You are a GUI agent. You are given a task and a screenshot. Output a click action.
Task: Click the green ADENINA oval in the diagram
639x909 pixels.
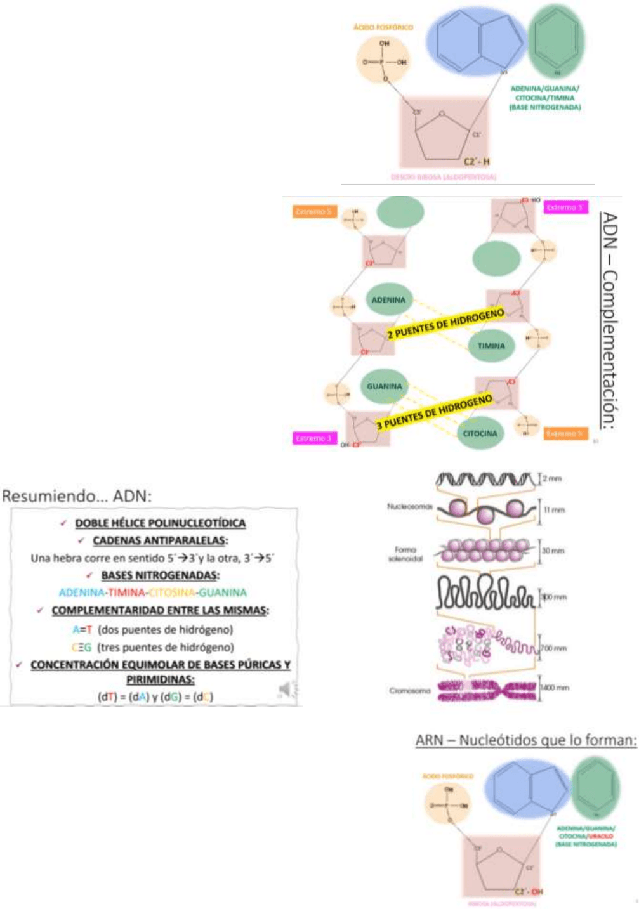(388, 300)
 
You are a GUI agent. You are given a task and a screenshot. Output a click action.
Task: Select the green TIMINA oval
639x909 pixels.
(491, 346)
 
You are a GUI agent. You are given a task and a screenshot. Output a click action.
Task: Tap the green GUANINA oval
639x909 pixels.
(384, 386)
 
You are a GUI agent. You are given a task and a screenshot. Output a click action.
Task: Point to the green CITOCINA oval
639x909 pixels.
(480, 433)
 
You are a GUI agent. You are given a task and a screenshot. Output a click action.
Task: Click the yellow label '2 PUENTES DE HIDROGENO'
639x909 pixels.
(445, 324)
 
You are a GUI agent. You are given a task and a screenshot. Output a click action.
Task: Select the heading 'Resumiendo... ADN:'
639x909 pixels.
(77, 496)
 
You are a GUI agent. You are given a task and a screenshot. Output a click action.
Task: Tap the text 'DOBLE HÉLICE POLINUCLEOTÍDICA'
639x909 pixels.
(160, 523)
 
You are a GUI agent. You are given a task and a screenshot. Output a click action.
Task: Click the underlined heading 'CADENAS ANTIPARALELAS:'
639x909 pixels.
(160, 540)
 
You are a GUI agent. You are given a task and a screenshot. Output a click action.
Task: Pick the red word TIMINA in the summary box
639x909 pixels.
(126, 592)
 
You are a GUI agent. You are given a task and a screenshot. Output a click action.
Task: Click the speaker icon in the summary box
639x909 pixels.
(287, 690)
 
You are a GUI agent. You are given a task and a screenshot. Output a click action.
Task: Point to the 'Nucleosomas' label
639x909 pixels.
(409, 507)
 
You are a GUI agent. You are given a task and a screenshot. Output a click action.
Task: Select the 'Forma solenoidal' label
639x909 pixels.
(405, 554)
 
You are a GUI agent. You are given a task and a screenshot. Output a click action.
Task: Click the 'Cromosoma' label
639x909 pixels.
(410, 690)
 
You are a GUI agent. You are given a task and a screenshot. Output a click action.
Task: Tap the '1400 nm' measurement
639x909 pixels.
(555, 687)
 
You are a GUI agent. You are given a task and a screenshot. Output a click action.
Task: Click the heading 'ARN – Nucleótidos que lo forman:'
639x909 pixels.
(525, 740)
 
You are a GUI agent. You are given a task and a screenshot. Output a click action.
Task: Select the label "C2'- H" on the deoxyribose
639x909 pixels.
(476, 162)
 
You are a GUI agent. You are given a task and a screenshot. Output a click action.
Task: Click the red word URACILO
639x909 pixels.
(601, 836)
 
